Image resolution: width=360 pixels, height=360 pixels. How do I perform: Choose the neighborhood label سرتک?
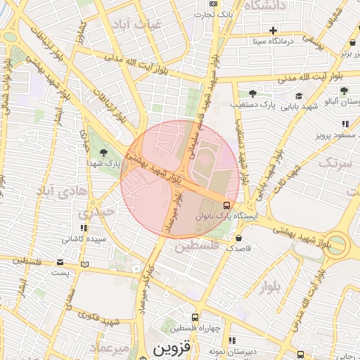coord(334,164)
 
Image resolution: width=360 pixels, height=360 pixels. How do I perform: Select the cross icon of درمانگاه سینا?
coord(274,30)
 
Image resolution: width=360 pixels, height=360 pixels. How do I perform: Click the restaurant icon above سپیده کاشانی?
coord(84,228)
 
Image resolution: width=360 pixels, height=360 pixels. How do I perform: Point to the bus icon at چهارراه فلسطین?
coord(195,317)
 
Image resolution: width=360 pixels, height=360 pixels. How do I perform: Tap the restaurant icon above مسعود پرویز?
coord(345,124)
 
